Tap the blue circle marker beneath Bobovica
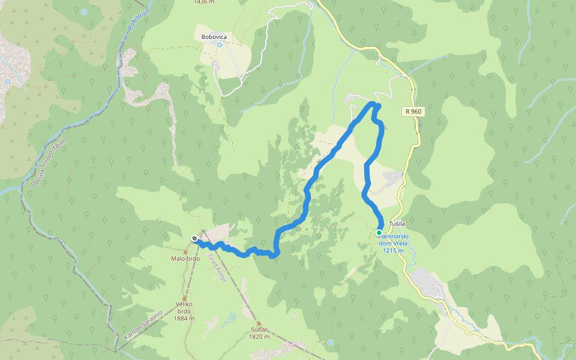(220, 45)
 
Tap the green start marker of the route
(379, 232)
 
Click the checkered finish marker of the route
(194, 238)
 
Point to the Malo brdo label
(185, 259)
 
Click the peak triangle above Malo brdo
(185, 251)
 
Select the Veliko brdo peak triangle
(185, 297)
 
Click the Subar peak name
(260, 329)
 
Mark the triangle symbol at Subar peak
(259, 323)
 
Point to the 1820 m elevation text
(260, 337)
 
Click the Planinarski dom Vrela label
(393, 241)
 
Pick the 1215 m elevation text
(393, 251)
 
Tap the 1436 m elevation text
(204, 2)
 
